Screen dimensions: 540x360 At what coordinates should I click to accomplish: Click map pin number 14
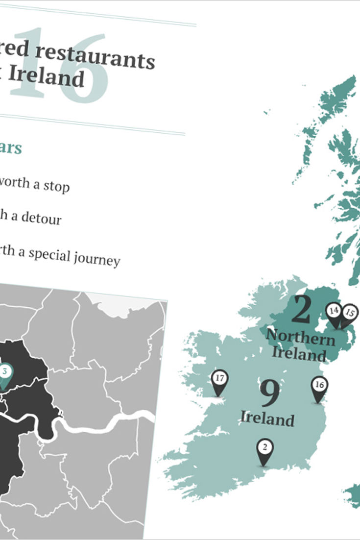(335, 312)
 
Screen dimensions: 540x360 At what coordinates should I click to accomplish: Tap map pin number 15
(350, 313)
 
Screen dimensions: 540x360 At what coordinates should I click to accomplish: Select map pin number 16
(319, 386)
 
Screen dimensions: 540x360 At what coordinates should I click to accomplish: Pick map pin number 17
(219, 379)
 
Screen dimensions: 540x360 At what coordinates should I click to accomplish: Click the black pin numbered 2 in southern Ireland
(264, 448)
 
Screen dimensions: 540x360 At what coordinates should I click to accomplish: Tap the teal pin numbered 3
(4, 372)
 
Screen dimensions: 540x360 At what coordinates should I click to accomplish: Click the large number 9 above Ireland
(270, 393)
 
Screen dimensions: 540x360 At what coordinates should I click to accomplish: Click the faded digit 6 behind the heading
(84, 69)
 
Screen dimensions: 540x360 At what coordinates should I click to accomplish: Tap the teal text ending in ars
(10, 148)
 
